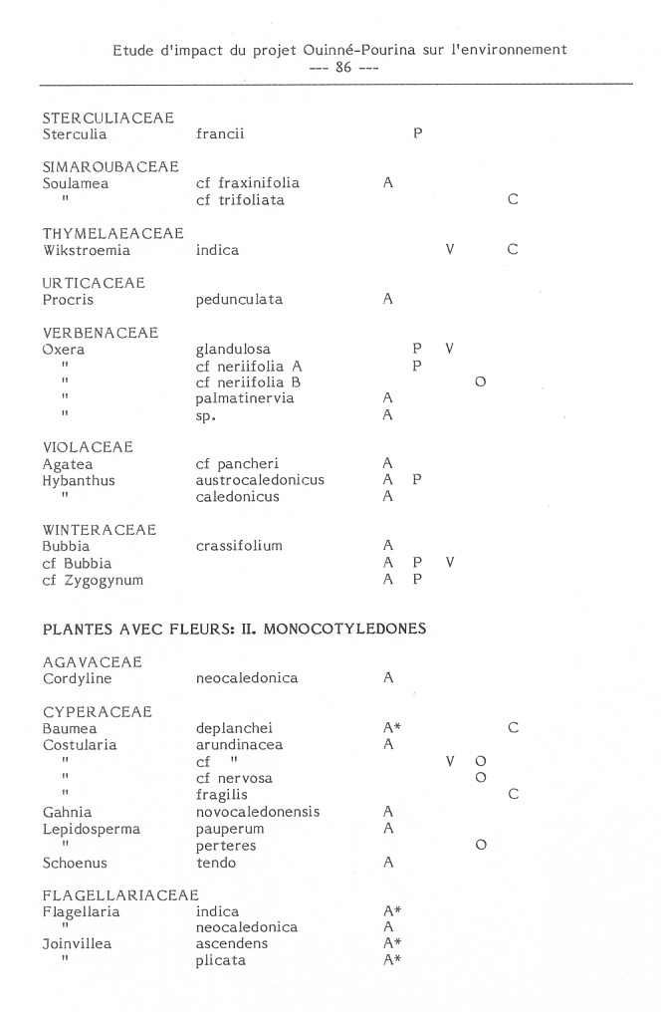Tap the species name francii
pos(220,134)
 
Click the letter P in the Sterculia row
pos(418,134)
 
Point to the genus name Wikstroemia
pos(87,250)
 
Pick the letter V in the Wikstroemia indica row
pos(450,250)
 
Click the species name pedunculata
pos(239,299)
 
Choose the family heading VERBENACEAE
pos(101,333)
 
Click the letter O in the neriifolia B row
pos(480,382)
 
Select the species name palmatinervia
pos(245,398)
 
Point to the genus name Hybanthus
pos(79,480)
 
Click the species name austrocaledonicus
pos(260,480)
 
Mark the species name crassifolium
pos(239,546)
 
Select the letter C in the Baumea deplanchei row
pos(513,728)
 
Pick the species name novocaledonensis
pos(258,812)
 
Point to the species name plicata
pos(220,960)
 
